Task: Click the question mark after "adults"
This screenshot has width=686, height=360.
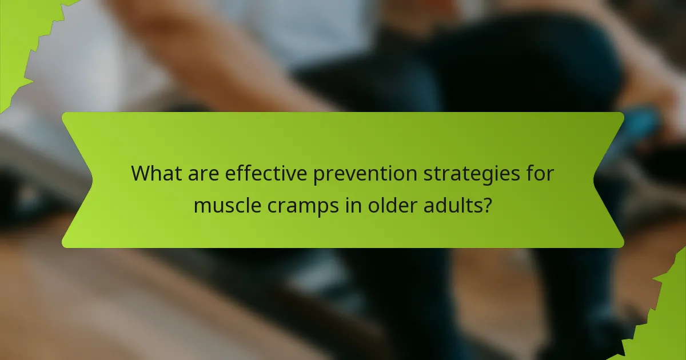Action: point(487,204)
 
